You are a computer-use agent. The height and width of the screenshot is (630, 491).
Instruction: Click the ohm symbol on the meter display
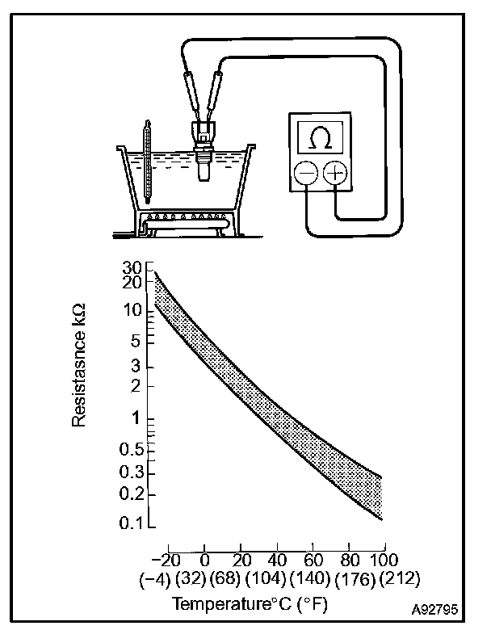click(320, 138)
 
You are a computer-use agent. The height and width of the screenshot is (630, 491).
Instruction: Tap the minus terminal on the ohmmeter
click(306, 174)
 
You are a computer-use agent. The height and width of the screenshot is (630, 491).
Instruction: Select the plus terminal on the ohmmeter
click(334, 174)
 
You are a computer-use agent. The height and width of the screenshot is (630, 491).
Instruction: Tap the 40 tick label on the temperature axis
click(275, 561)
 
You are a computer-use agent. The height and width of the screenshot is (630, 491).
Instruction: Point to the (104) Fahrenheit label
click(262, 578)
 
